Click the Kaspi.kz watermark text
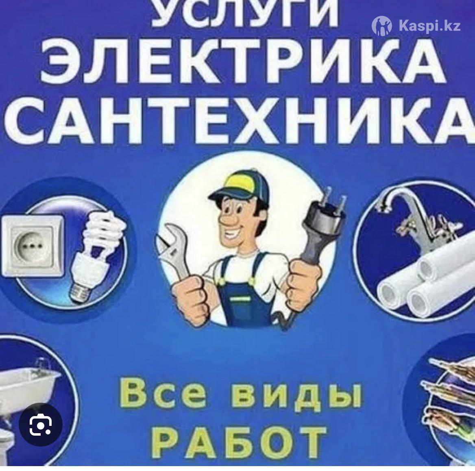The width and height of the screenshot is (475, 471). pyautogui.click(x=430, y=26)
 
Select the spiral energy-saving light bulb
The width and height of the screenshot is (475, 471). pyautogui.click(x=96, y=255)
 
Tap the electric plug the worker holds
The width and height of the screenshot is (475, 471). pyautogui.click(x=322, y=230)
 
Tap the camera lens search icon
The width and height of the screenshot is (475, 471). pyautogui.click(x=41, y=425)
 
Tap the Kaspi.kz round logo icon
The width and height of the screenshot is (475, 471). pyautogui.click(x=382, y=26)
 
